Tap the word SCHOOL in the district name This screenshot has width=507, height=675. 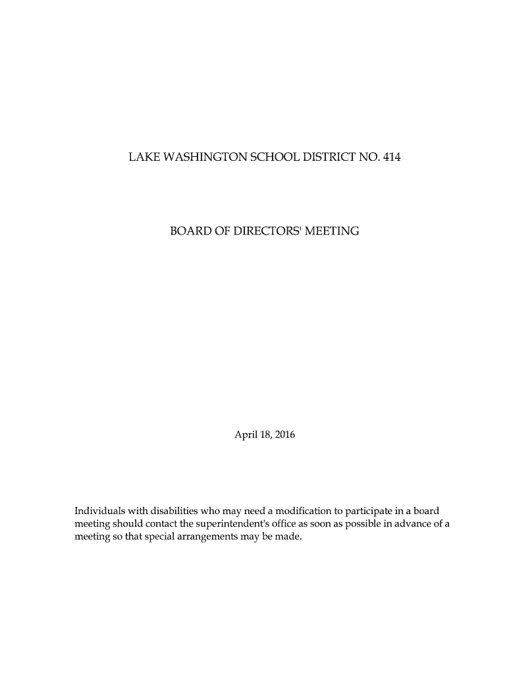(269, 158)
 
